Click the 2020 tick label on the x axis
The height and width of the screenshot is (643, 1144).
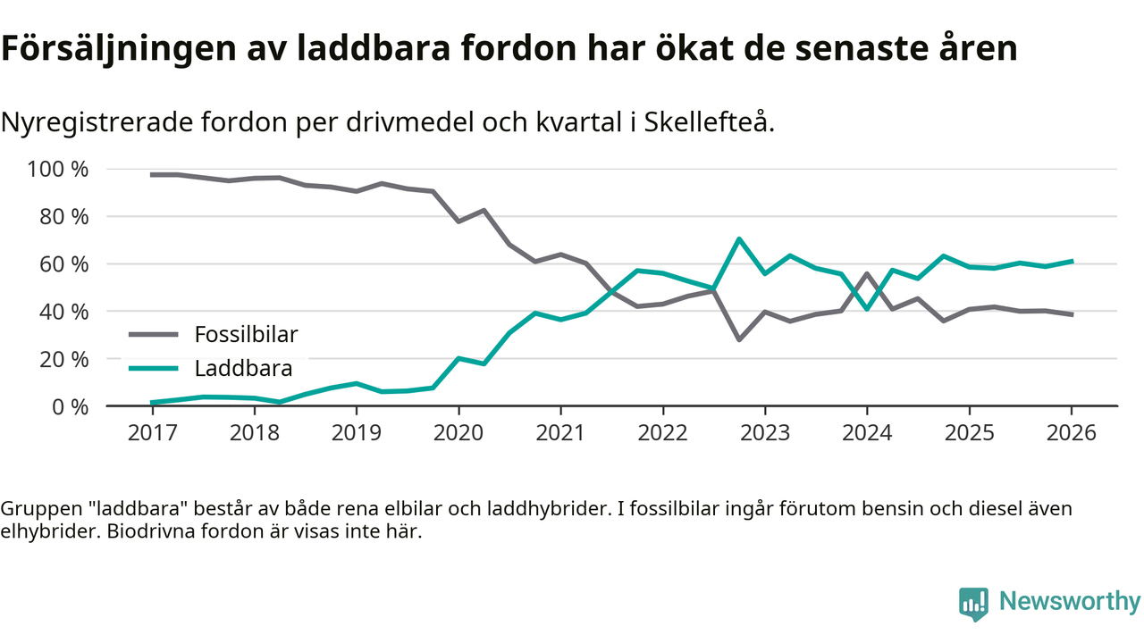458,432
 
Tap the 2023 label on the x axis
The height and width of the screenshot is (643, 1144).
764,432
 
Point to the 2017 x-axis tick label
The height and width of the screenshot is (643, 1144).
152,432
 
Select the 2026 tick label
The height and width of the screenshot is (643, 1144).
1072,432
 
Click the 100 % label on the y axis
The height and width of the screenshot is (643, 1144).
59,169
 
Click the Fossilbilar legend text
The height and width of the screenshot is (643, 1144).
246,335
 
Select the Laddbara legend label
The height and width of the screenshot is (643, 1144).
243,368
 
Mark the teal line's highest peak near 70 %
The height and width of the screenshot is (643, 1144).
739,238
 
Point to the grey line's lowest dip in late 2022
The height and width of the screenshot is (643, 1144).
739,339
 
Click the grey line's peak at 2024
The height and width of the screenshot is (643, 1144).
866,273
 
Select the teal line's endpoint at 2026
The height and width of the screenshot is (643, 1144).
1072,262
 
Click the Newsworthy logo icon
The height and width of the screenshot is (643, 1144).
973,603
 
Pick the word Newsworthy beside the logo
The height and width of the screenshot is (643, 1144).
1070,602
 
